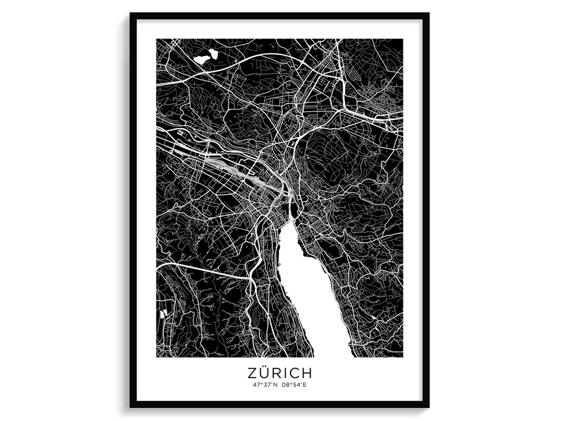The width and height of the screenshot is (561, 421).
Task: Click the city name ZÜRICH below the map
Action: [279, 373]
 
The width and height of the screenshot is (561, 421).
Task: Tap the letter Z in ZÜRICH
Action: [251, 373]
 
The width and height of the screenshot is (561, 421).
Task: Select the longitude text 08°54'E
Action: [296, 385]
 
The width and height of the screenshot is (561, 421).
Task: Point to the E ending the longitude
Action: [308, 385]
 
